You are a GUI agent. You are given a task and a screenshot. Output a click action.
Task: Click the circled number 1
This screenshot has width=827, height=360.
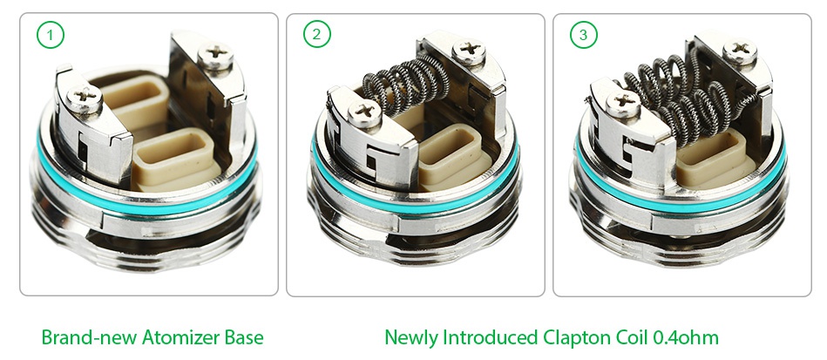point(51,36)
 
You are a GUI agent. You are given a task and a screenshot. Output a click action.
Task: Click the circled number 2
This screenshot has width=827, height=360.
point(317,36)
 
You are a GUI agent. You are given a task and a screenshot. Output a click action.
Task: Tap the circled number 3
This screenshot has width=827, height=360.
point(583,36)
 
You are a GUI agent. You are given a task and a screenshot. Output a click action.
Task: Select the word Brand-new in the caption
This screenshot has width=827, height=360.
point(84,337)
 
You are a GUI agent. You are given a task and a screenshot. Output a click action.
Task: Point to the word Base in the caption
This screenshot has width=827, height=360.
point(243,337)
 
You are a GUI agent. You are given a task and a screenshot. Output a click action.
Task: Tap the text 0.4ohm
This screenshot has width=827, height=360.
point(688,337)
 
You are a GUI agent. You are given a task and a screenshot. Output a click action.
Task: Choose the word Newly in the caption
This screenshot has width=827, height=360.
point(410,337)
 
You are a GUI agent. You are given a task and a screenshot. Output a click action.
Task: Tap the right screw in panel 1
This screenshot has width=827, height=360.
point(213,54)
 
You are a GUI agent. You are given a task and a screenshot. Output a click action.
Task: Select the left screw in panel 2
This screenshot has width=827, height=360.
point(361,110)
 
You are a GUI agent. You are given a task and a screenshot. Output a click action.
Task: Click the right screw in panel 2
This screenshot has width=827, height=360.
point(471,52)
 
